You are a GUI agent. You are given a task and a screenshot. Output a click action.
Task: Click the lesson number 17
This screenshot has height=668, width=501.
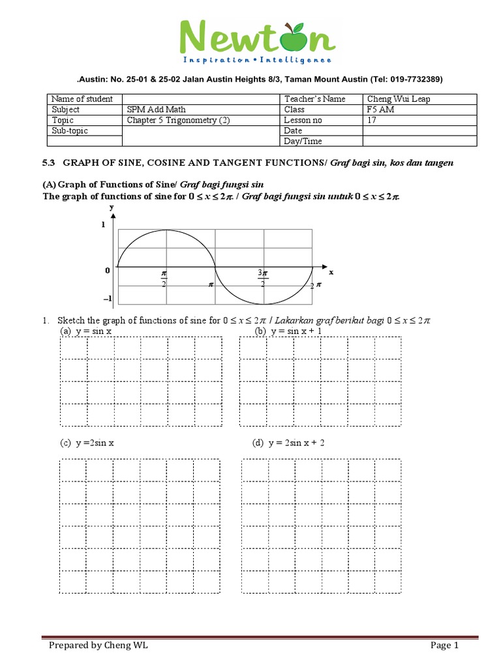[x=372, y=120]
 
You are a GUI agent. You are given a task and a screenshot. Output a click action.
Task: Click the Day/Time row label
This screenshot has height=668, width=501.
[x=303, y=141]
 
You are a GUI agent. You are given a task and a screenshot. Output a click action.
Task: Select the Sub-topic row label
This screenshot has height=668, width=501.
[x=70, y=130]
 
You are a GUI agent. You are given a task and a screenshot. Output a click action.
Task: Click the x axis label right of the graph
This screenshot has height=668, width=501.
[x=331, y=271]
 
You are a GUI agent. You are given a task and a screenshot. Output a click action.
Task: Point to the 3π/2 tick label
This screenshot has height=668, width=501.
[x=262, y=279]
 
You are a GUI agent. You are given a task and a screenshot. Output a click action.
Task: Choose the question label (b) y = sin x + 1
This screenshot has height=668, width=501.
[x=288, y=331]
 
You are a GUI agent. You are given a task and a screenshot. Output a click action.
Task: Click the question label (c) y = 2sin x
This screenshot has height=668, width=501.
[x=89, y=443]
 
